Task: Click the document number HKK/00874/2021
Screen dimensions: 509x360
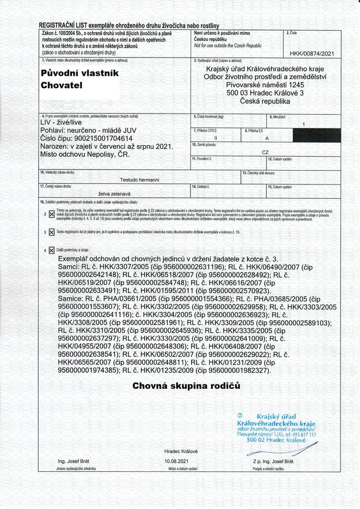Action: pos(312,53)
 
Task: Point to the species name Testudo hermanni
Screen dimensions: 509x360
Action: pos(140,179)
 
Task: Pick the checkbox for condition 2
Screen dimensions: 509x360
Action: pos(52,214)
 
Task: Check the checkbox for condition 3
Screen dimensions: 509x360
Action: pos(52,232)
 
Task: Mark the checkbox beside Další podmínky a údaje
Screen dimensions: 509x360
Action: pos(52,250)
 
